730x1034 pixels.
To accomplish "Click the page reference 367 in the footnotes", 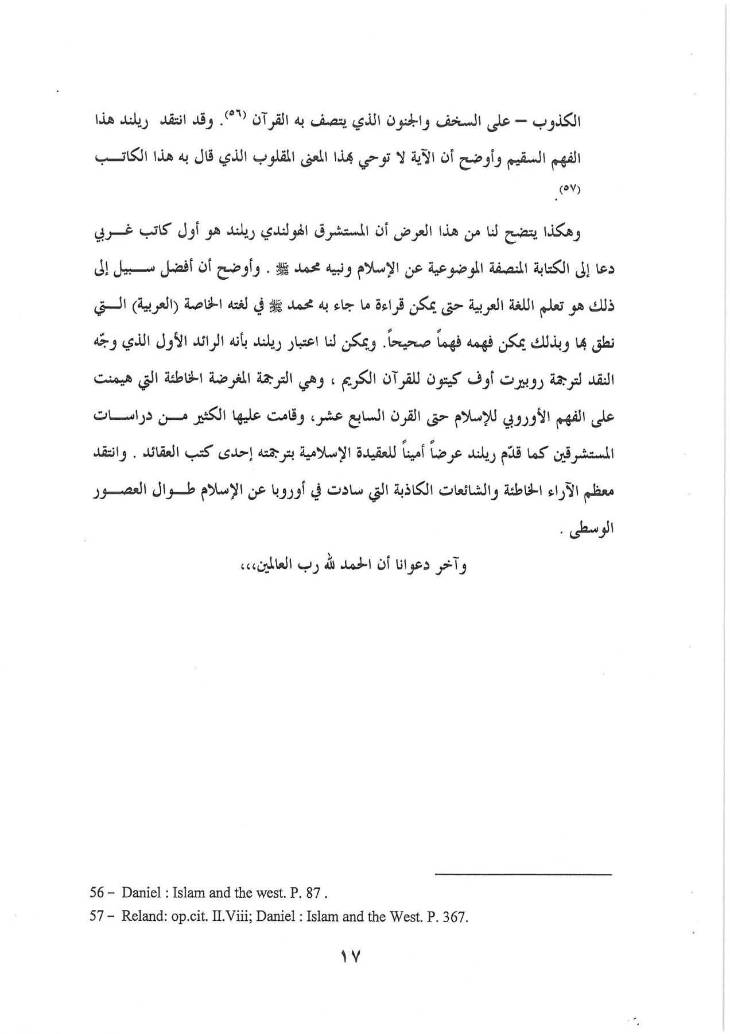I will coord(457,917).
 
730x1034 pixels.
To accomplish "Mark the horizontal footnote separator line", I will coord(524,874).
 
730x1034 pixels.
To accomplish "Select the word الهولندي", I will coord(328,233).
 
